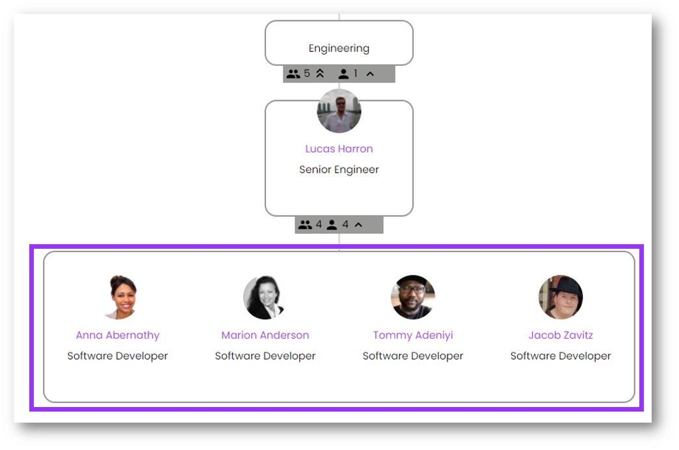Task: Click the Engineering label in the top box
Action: tap(339, 48)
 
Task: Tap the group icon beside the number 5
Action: tap(293, 74)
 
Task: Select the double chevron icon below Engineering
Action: tap(320, 74)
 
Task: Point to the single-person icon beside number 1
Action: tap(343, 74)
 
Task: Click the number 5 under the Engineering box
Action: tap(307, 74)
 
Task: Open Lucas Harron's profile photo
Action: tap(339, 111)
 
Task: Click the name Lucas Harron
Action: tap(339, 149)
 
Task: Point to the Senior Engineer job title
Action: tap(339, 170)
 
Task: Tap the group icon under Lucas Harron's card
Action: tap(305, 225)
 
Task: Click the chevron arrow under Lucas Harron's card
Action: tap(358, 225)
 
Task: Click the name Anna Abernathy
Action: tap(118, 335)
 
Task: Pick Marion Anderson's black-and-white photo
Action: tap(265, 297)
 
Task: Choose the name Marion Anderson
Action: tap(265, 335)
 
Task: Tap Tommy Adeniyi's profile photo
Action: tap(413, 297)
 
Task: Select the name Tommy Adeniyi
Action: tap(413, 335)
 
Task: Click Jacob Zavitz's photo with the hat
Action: tap(561, 297)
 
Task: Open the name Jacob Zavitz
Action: tap(561, 335)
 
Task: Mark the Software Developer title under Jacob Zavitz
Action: tap(561, 356)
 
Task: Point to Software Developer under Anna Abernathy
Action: tap(118, 356)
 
